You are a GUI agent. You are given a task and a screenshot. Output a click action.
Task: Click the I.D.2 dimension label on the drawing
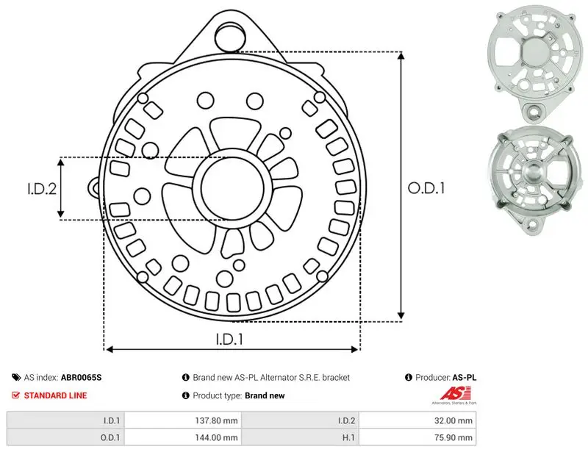coord(42,189)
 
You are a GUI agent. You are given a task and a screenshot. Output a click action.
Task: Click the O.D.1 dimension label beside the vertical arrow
coord(426,188)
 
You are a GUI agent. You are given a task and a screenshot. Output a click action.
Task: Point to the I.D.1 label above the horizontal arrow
coord(229,339)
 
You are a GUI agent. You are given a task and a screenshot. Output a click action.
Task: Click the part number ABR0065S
coord(81,377)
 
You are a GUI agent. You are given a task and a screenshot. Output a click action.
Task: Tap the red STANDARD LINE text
coord(56,395)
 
